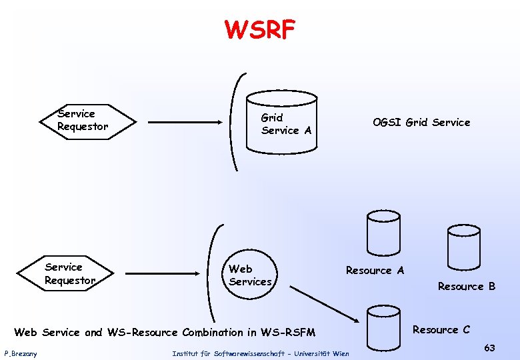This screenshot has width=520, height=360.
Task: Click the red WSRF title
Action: coord(260,29)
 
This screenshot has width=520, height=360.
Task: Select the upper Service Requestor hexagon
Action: coord(87,121)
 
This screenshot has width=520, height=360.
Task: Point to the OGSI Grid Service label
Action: coord(421,122)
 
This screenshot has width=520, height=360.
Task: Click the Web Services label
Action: coord(250,275)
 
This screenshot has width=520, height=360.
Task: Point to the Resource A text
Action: coord(375,271)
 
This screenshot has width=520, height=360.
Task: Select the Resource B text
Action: coord(466,287)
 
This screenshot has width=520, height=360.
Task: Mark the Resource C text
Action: coord(441,330)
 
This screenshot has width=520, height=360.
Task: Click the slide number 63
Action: coord(489,347)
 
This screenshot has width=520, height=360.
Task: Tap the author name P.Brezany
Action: coord(21,353)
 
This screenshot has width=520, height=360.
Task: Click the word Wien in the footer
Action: coord(340,353)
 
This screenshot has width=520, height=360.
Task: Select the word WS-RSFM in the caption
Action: coord(289,332)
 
